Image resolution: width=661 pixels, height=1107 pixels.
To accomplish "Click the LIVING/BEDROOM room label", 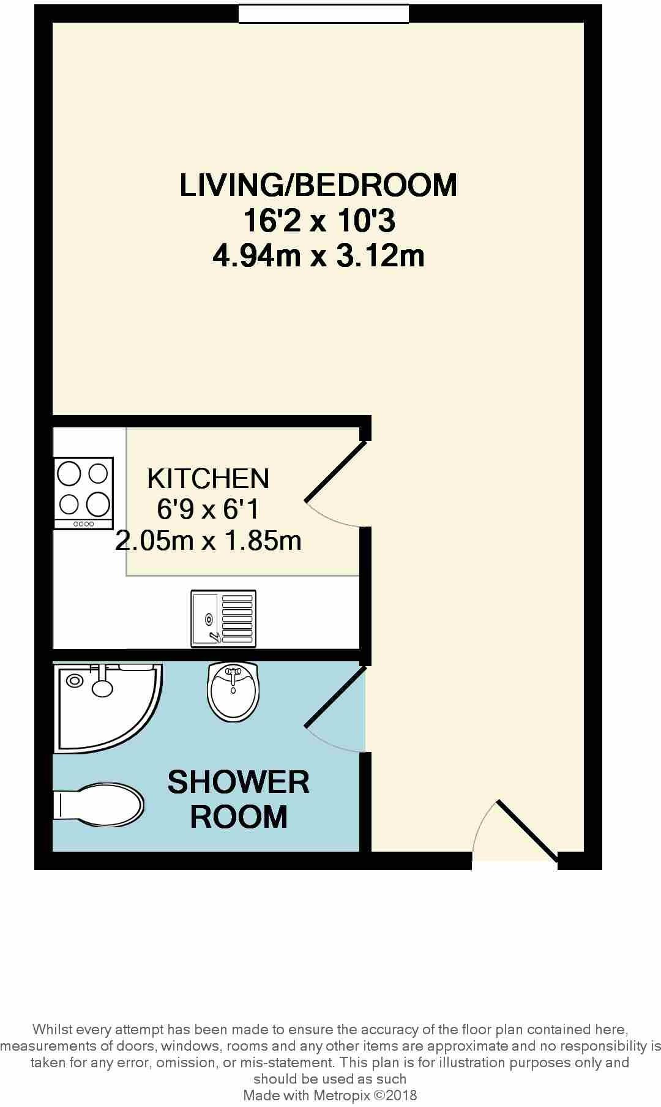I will tap(318, 185).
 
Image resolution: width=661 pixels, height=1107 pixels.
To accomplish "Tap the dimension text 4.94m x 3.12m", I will tap(318, 256).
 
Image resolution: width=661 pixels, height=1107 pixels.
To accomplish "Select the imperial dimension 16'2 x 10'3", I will tap(318, 220).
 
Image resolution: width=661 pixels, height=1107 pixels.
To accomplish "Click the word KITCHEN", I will tap(208, 479).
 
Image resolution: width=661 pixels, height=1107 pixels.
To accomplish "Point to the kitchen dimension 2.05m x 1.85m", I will tap(208, 541).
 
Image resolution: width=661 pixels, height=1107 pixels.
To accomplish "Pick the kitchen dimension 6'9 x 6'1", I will tap(208, 509).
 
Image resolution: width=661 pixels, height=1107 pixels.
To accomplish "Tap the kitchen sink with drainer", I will tap(223, 618).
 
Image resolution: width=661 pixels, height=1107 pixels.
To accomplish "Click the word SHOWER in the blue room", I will tap(238, 782).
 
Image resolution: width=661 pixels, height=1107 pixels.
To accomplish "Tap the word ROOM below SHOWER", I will tap(238, 817).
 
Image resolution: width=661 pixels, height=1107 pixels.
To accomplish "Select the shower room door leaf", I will tap(335, 697).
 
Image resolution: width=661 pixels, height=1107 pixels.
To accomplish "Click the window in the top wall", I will tap(323, 14).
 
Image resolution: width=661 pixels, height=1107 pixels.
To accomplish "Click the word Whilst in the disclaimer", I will tap(52, 1029).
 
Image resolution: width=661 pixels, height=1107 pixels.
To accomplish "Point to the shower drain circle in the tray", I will tap(75, 680).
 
